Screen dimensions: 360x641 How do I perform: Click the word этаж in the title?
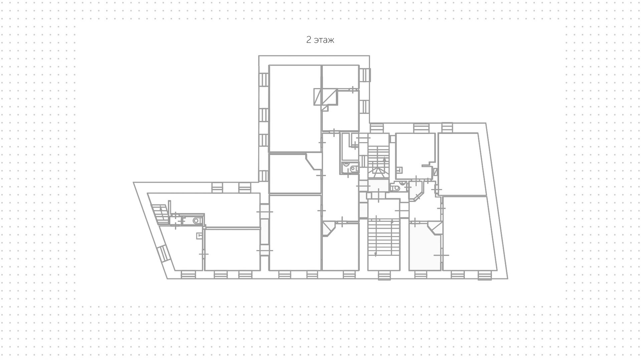(x=324, y=40)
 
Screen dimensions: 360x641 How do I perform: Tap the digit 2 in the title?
(x=308, y=40)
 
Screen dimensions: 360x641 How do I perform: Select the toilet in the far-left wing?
(x=197, y=220)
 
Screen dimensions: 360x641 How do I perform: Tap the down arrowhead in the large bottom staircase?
(x=376, y=254)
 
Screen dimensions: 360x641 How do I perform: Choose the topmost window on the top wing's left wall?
(x=264, y=79)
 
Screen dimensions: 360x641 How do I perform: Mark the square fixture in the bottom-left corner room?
(x=199, y=236)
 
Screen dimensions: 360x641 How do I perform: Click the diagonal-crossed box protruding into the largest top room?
(x=318, y=97)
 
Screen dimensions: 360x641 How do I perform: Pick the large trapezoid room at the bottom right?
(x=469, y=234)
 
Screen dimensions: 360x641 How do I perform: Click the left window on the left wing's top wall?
(x=217, y=188)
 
